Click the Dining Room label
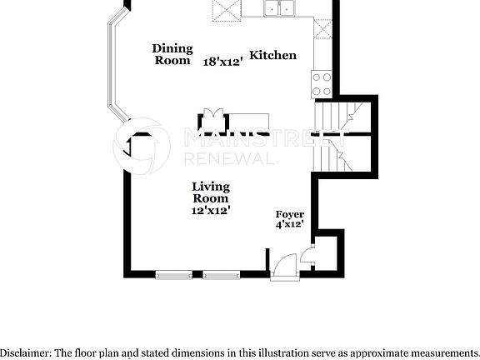[x=172, y=54]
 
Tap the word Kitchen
[x=273, y=55]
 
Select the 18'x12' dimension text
[x=224, y=62]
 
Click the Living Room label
[x=211, y=192]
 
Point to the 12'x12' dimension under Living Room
[x=211, y=211]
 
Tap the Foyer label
[x=289, y=214]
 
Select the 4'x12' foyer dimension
[x=289, y=223]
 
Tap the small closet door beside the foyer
[x=307, y=257]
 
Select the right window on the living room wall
[x=222, y=274]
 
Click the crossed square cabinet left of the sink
[x=225, y=9]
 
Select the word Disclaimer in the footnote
[x=25, y=352]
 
